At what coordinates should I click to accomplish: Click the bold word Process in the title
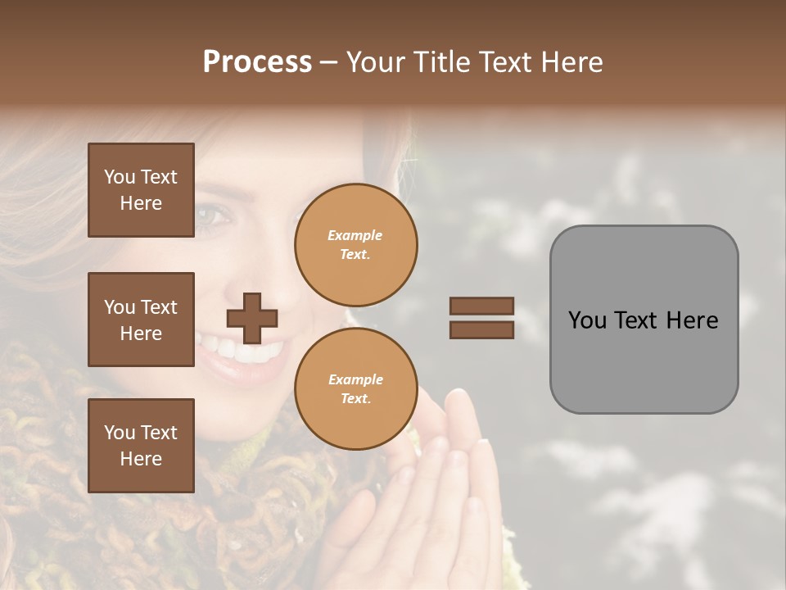(x=257, y=62)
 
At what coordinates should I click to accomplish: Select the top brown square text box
(x=141, y=190)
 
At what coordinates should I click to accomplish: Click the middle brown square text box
(x=141, y=320)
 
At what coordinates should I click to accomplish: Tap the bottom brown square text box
(x=141, y=445)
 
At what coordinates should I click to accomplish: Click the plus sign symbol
(x=252, y=318)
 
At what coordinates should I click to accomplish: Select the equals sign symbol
(x=481, y=318)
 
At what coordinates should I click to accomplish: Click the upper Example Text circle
(x=355, y=245)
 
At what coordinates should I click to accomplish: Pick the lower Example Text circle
(x=355, y=389)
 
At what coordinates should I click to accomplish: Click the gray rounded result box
(x=644, y=320)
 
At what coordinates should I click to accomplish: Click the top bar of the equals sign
(x=481, y=306)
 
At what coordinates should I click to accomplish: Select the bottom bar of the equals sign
(x=481, y=329)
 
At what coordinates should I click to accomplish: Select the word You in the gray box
(x=587, y=320)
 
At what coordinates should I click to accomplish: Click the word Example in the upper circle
(x=355, y=235)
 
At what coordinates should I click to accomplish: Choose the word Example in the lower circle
(x=355, y=379)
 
